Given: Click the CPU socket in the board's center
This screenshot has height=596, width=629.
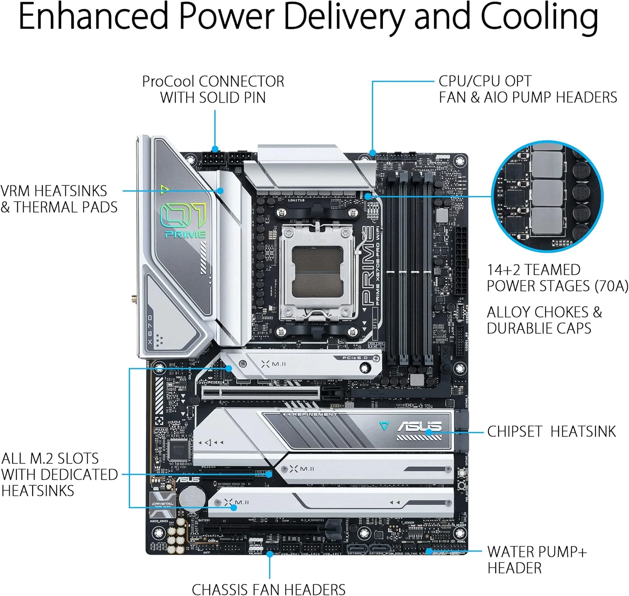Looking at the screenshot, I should click(318, 272).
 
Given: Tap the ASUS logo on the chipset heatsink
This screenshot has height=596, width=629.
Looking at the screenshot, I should click(419, 427).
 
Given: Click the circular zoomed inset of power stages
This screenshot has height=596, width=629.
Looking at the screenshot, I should click(547, 197).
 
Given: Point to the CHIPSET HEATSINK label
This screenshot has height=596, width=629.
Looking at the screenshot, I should click(551, 432).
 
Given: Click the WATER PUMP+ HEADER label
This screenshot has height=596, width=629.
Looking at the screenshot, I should click(537, 560).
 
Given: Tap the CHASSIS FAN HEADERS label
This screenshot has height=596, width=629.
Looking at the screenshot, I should click(268, 589).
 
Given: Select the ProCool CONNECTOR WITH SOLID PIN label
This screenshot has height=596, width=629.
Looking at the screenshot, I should click(213, 89).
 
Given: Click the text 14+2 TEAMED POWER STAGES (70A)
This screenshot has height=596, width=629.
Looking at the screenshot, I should click(557, 278).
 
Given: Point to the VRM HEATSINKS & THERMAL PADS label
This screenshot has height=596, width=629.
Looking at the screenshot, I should click(59, 199).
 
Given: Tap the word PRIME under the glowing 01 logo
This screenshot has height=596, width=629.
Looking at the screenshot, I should click(185, 234).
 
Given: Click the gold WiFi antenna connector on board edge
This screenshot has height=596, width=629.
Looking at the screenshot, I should click(134, 300).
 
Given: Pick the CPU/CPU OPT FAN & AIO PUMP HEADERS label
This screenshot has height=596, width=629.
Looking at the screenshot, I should click(528, 89).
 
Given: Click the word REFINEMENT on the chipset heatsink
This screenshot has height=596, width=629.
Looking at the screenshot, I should click(314, 414).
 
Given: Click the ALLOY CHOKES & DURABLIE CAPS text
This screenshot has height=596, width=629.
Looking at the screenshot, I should click(544, 320).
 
